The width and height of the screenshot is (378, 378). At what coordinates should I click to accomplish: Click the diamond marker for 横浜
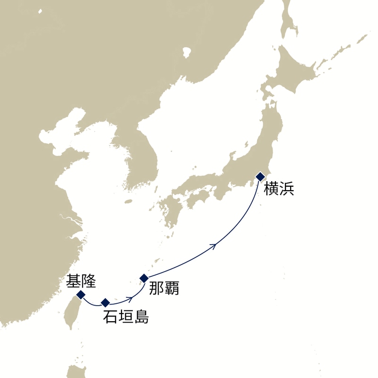click(x=260, y=176)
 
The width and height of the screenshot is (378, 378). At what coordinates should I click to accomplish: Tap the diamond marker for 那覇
click(x=145, y=278)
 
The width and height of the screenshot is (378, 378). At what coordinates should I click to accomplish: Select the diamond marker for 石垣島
click(x=105, y=302)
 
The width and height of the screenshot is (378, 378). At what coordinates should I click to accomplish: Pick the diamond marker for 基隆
click(x=81, y=295)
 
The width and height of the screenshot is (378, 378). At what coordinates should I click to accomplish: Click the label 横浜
click(x=279, y=188)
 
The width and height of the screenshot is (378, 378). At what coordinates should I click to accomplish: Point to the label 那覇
click(x=164, y=288)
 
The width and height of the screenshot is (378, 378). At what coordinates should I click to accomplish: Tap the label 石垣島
click(x=126, y=317)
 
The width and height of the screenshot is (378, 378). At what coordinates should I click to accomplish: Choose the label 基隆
click(x=81, y=282)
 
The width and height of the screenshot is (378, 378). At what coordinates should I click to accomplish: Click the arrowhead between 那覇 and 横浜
click(x=215, y=246)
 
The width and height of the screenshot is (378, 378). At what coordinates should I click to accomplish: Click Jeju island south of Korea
click(x=128, y=201)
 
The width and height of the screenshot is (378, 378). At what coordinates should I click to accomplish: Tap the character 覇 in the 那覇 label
click(x=172, y=288)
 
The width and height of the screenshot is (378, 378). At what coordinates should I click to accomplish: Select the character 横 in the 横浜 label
click(x=271, y=188)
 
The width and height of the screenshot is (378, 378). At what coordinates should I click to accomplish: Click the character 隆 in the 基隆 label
click(x=89, y=282)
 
